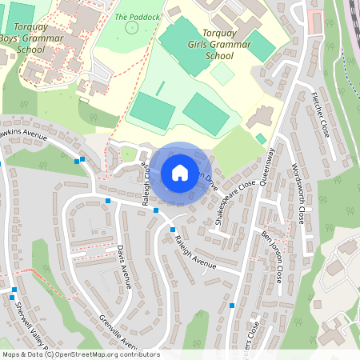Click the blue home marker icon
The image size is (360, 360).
point(180,173)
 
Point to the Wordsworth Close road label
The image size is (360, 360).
point(298,193)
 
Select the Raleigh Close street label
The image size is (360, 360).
point(147,186)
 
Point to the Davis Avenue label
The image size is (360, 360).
point(124,266)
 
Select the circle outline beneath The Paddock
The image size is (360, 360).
point(132,28)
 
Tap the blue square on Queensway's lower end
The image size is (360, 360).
point(232,305)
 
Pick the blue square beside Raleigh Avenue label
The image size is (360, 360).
point(173,230)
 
